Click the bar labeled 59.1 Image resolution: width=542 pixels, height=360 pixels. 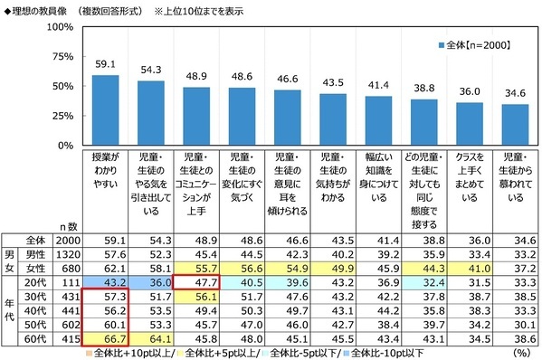(x=106, y=109)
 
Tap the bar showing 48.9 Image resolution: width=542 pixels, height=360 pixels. (x=195, y=116)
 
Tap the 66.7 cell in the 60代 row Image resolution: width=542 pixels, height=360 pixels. (x=106, y=339)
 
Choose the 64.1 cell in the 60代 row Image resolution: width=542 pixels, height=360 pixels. (x=150, y=339)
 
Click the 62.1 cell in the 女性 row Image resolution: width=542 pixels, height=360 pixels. (x=106, y=269)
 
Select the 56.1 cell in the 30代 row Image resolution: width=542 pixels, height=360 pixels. (x=195, y=297)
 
